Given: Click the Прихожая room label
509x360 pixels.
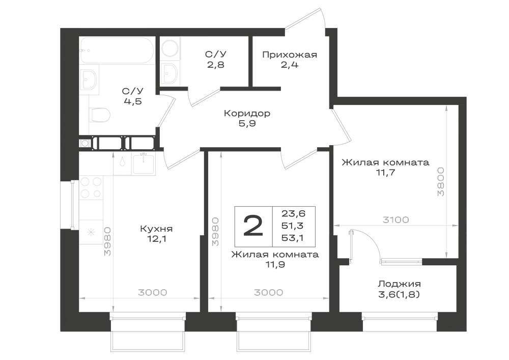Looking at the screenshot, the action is [289, 54].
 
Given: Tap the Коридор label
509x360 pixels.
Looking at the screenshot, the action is [247, 113].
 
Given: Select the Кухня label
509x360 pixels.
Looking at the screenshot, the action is [156, 229].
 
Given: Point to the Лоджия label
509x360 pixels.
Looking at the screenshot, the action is [399, 284].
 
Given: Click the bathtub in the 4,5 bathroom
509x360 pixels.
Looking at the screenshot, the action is [118, 50].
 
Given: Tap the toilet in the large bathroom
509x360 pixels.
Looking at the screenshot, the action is [99, 114].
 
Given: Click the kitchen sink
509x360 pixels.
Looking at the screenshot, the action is [144, 164].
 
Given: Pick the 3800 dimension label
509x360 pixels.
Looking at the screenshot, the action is [440, 181].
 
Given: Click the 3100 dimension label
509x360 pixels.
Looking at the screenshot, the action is [395, 220].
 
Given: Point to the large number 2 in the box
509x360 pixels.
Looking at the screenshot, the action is [253, 226].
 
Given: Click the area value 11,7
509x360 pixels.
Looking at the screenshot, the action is [385, 172].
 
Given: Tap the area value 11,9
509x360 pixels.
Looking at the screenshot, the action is [275, 264].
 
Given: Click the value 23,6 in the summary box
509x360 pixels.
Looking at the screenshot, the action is [294, 213].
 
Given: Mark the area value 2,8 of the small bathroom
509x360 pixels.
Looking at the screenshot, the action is [216, 65].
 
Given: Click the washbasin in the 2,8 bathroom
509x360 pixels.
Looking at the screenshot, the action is [170, 73].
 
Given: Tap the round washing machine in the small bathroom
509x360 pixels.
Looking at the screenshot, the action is [170, 49].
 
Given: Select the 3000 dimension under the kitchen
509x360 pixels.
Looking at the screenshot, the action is [153, 292].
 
